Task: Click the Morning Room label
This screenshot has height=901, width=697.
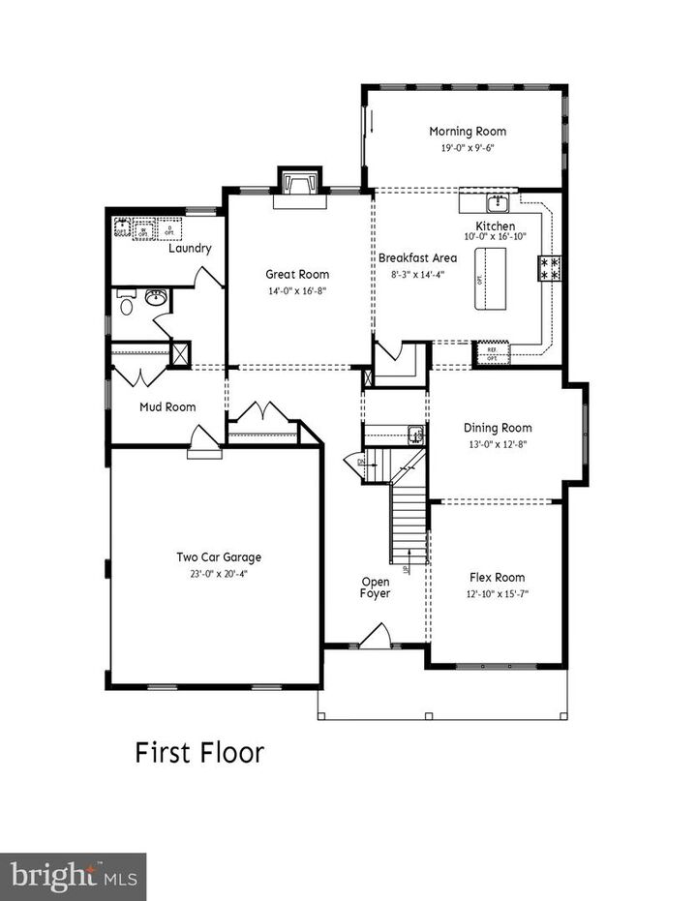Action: click(x=468, y=132)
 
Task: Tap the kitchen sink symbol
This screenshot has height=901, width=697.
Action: click(x=498, y=203)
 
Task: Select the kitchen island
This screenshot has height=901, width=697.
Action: click(x=491, y=278)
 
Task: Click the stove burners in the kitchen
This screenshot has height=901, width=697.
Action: click(x=550, y=268)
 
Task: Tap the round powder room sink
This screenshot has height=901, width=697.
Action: click(x=156, y=297)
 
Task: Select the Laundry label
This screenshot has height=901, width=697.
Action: click(x=190, y=249)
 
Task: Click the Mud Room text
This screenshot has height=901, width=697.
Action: click(x=167, y=407)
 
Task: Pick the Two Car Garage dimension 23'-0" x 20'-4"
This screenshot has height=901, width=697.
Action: click(x=218, y=572)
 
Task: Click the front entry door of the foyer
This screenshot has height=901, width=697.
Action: click(x=374, y=638)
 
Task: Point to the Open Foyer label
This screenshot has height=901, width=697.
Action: click(x=376, y=587)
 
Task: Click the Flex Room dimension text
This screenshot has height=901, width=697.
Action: click(x=497, y=593)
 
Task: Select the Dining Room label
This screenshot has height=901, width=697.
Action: click(x=498, y=428)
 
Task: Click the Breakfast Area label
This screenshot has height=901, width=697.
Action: click(x=417, y=258)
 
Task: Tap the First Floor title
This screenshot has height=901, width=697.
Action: click(x=198, y=753)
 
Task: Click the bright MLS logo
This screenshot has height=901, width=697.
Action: click(x=73, y=877)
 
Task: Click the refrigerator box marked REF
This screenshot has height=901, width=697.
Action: click(x=492, y=355)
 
